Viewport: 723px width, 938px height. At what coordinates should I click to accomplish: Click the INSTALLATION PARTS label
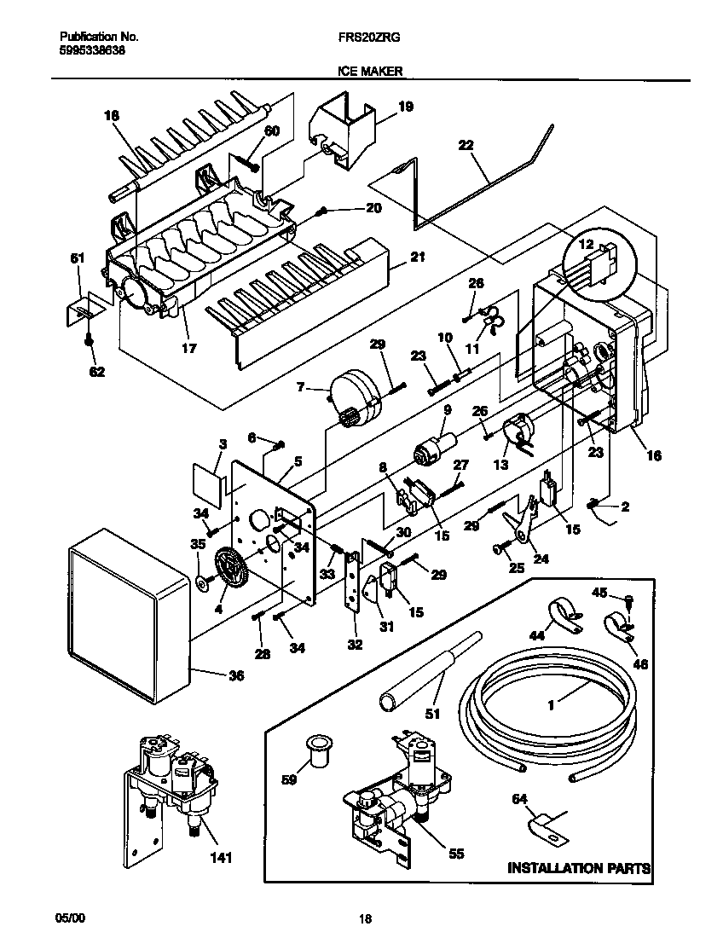click(x=579, y=868)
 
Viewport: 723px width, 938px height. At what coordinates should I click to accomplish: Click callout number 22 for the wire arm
click(x=466, y=146)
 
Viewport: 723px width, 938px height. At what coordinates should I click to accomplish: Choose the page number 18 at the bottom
click(x=365, y=918)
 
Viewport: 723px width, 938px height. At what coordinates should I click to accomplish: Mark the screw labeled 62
click(x=90, y=340)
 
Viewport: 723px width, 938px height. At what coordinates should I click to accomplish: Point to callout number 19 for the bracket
click(x=405, y=107)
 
